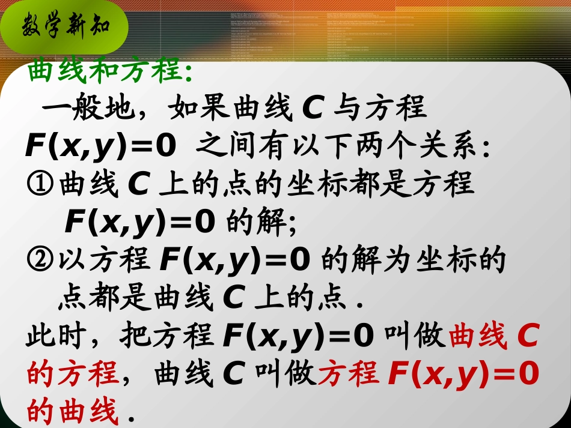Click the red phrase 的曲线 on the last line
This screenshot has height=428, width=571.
click(72, 413)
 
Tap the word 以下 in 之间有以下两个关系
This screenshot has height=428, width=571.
click(325, 148)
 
